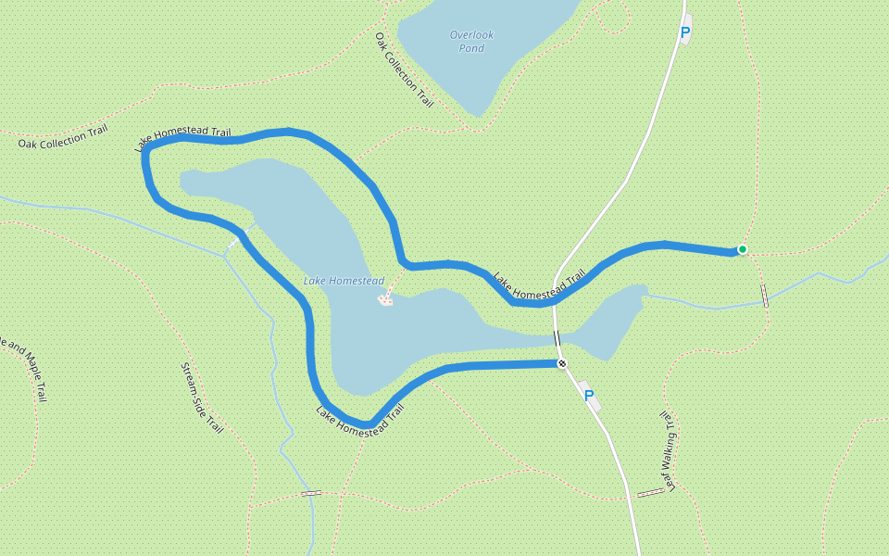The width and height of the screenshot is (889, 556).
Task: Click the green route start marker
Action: (742, 249)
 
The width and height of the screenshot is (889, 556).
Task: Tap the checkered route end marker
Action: (561, 363)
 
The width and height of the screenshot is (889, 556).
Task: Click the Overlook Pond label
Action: (472, 42)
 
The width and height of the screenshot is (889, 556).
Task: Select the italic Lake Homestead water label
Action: (344, 281)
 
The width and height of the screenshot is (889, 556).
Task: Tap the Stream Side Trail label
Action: (201, 398)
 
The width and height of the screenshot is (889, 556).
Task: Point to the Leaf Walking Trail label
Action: (670, 450)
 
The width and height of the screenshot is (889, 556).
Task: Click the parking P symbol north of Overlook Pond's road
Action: (685, 33)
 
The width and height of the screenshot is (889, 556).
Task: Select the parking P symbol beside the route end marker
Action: (589, 396)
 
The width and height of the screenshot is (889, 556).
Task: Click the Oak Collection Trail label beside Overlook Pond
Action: (405, 70)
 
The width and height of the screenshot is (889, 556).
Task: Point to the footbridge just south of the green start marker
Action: (765, 296)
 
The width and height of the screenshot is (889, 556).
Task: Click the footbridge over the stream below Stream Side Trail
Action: (311, 493)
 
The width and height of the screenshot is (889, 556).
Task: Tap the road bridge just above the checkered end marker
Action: (557, 338)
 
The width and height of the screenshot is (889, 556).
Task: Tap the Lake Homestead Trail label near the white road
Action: (540, 285)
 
